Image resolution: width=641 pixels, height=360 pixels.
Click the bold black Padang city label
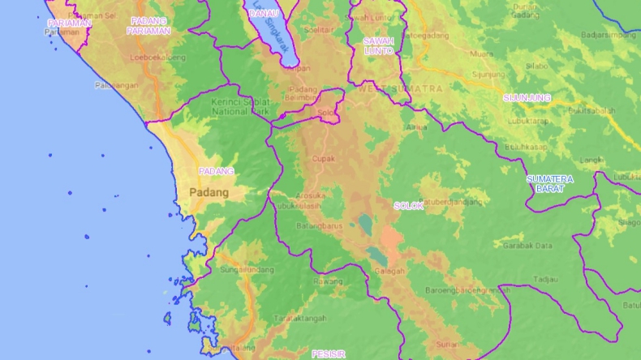point(209,192)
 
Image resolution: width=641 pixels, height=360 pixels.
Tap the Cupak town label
point(324,159)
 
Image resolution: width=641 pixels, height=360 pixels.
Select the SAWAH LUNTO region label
point(378,45)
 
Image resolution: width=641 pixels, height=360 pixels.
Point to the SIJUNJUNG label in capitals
point(527,97)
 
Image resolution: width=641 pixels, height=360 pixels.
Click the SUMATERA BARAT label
point(549,183)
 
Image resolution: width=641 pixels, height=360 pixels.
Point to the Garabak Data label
point(527,245)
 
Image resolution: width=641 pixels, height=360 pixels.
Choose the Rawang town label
point(328,281)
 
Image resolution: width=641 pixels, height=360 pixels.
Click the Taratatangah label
point(299,317)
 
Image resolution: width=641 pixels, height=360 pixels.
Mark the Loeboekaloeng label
point(157,58)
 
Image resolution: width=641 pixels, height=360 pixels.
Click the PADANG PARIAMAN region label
point(148,26)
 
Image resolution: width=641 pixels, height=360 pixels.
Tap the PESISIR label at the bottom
point(329,354)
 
